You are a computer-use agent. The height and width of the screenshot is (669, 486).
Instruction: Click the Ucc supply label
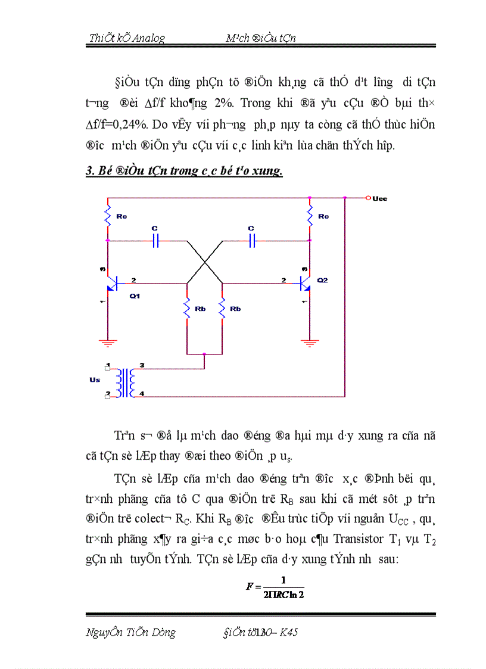point(379,198)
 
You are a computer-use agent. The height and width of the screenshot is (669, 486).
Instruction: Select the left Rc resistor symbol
point(108,216)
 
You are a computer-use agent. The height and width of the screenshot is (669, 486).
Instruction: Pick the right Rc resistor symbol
point(310,216)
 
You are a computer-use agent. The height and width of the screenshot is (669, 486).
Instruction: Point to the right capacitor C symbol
point(252,241)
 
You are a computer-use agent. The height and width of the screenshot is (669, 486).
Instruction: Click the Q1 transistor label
point(135,296)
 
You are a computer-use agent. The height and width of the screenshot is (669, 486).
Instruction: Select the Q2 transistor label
point(322,280)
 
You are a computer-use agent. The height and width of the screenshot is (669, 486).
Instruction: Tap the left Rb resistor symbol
point(188,309)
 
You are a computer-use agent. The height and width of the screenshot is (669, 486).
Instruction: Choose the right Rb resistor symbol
point(222,309)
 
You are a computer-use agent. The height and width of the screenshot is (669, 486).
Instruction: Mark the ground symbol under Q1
point(108,343)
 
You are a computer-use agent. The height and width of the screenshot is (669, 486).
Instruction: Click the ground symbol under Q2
point(310,343)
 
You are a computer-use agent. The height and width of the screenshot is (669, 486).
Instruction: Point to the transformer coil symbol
point(126,383)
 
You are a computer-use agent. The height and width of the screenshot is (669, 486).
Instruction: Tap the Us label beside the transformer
point(95,380)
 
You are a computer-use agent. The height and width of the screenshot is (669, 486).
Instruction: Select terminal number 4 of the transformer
point(142,394)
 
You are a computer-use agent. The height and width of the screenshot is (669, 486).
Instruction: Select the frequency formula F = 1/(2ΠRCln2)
point(275,587)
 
